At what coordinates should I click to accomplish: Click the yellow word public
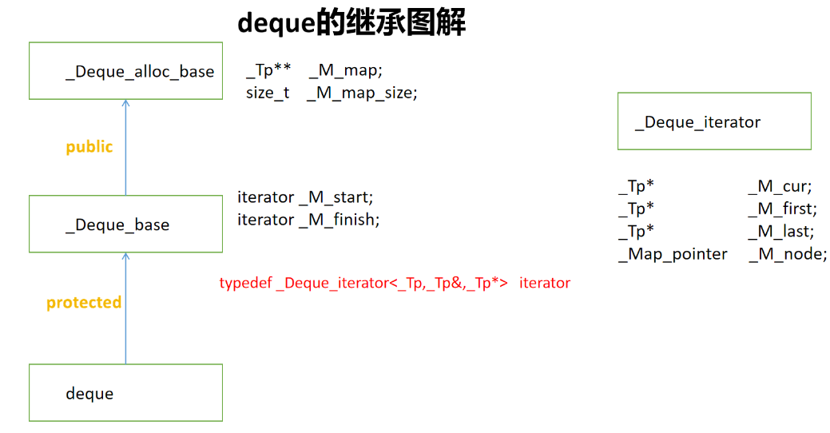click(89, 147)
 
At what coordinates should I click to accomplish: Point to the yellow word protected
click(84, 302)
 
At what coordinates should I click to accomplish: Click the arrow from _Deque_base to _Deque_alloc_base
click(125, 147)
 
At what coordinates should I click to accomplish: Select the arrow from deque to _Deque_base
click(125, 308)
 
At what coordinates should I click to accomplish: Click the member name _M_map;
click(345, 70)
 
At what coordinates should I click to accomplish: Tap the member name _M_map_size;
click(362, 93)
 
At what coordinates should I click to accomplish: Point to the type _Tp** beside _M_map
click(268, 70)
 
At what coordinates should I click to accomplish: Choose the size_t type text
click(268, 93)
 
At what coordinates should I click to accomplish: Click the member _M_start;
click(336, 197)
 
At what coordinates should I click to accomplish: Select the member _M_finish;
click(340, 220)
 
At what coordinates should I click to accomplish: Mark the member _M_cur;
click(780, 186)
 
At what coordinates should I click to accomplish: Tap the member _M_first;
click(782, 209)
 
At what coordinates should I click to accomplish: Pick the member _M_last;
click(780, 232)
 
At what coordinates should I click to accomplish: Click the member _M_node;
click(788, 254)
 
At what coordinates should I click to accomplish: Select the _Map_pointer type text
click(673, 254)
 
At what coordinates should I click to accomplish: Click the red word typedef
click(245, 283)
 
